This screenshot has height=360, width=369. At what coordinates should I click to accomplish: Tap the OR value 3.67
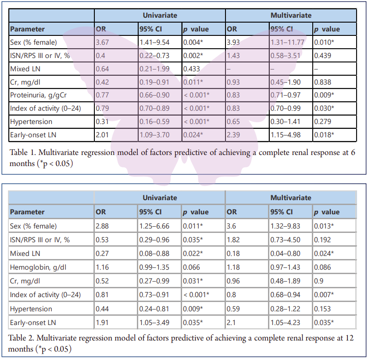click(102, 43)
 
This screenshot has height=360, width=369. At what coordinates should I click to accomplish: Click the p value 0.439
click(321, 56)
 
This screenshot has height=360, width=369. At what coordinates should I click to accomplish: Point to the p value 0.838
click(321, 82)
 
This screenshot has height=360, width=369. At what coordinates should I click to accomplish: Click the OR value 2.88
click(102, 226)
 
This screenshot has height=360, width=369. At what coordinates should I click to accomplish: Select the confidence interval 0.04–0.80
click(285, 254)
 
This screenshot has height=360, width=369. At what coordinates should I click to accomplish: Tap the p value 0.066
click(191, 267)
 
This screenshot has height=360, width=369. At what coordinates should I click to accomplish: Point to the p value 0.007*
click(324, 295)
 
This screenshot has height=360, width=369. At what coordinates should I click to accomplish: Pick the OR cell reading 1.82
click(233, 240)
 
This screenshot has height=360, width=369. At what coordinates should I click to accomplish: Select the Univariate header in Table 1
click(159, 15)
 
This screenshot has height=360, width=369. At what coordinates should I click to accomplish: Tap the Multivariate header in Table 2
click(291, 197)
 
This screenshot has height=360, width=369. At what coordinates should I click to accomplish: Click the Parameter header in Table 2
click(27, 212)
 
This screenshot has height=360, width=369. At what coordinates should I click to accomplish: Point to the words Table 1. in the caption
click(22, 152)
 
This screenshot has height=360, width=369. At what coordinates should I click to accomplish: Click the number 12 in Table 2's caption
click(350, 338)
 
